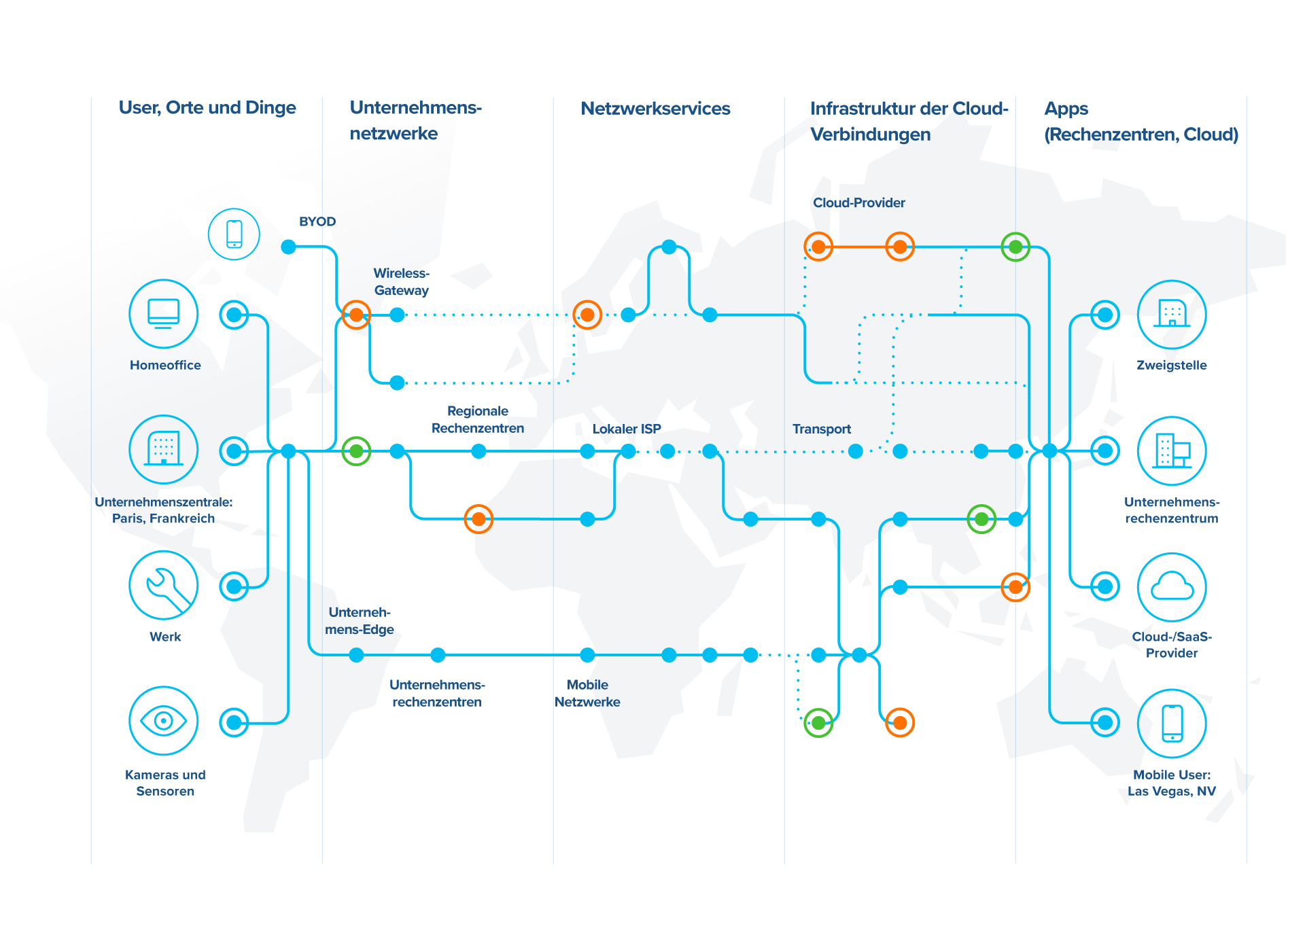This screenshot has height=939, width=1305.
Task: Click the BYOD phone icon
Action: (x=234, y=234)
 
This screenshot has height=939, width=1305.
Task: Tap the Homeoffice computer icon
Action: (x=163, y=314)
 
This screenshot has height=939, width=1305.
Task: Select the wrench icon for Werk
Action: (x=163, y=585)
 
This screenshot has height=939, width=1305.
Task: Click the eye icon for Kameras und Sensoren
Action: (x=163, y=721)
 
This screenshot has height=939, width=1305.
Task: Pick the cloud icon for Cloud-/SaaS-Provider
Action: (x=1172, y=586)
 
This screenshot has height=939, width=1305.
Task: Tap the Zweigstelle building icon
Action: (x=1172, y=314)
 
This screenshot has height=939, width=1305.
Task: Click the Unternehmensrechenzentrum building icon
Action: (x=1172, y=450)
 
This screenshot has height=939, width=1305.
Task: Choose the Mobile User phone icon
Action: (x=1172, y=723)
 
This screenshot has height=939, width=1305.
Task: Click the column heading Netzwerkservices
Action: (x=655, y=109)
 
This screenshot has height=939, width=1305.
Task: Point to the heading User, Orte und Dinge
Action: (x=207, y=108)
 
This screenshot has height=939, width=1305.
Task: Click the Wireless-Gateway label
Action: (x=401, y=281)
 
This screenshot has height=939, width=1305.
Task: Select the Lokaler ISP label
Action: (x=626, y=429)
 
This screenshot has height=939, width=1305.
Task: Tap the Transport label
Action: (x=821, y=429)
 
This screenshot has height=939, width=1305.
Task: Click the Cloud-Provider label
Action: (x=858, y=202)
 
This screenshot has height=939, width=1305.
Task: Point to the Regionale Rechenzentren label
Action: (x=478, y=419)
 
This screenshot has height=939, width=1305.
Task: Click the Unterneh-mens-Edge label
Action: (x=359, y=620)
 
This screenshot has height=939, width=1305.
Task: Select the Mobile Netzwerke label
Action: (x=587, y=693)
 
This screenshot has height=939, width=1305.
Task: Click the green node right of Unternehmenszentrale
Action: (x=356, y=450)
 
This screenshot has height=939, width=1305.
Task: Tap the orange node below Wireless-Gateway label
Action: (x=356, y=315)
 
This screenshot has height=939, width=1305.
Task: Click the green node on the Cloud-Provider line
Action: (x=1015, y=247)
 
